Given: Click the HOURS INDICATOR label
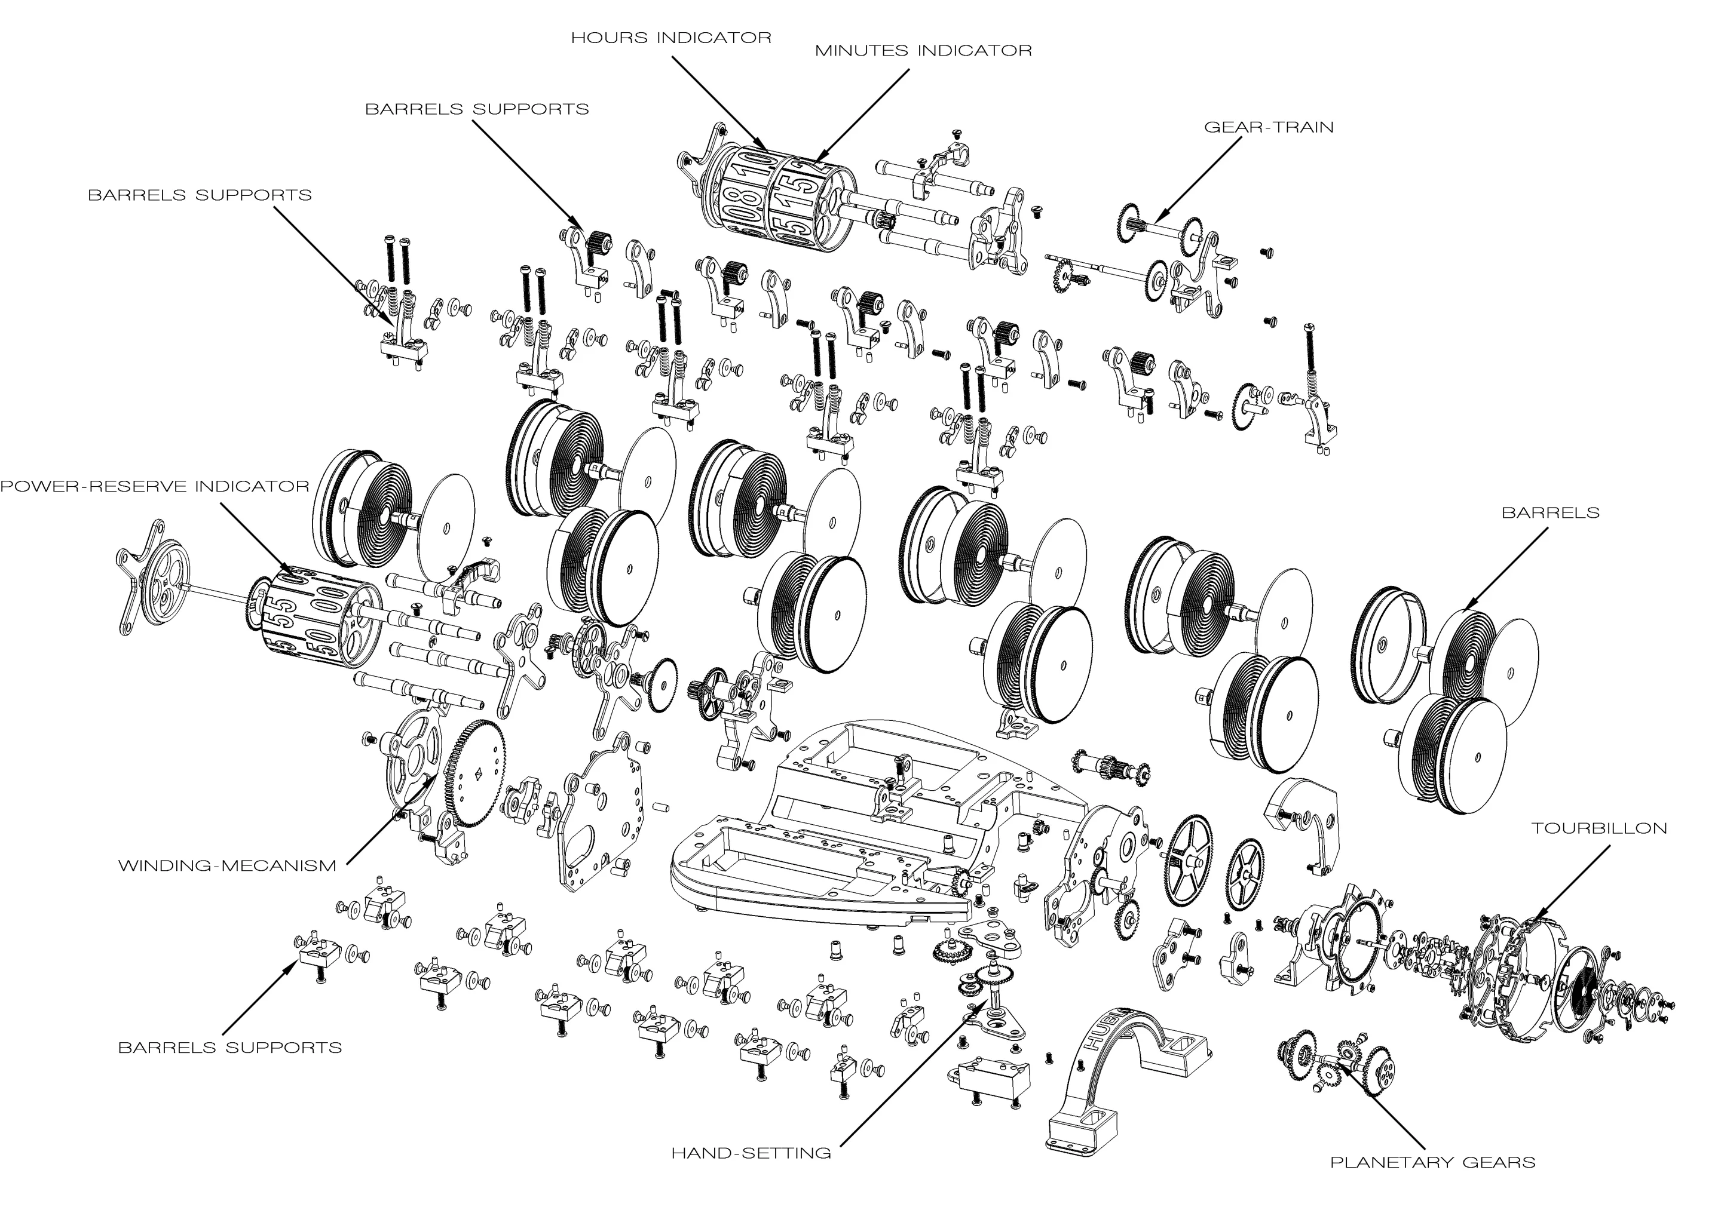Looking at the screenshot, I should pyautogui.click(x=671, y=38).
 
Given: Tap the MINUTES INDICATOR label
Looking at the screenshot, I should pyautogui.click(x=923, y=51).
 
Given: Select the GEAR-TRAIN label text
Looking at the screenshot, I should pyautogui.click(x=1268, y=127).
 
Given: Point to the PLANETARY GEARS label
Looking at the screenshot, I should pyautogui.click(x=1432, y=1163).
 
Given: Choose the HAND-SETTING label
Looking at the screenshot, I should pyautogui.click(x=751, y=1153).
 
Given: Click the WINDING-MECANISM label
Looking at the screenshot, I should pyautogui.click(x=227, y=866).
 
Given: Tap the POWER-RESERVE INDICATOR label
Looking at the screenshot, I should pyautogui.click(x=154, y=486).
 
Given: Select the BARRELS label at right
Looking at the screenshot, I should pyautogui.click(x=1550, y=513).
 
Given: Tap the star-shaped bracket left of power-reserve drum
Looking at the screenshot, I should pyautogui.click(x=153, y=577).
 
